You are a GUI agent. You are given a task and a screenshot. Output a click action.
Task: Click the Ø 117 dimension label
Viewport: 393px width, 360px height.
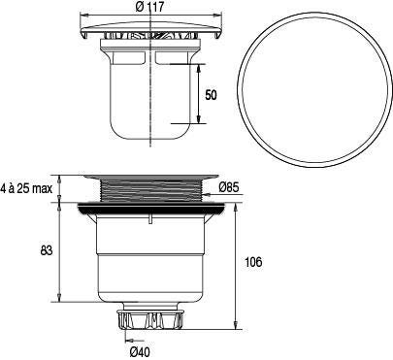(149, 7)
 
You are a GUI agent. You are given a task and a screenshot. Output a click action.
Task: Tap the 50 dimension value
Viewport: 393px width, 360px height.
(212, 95)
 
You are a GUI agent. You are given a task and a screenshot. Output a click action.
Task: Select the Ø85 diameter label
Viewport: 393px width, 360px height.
(228, 187)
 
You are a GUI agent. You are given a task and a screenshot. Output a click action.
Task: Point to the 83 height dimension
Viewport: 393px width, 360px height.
(47, 250)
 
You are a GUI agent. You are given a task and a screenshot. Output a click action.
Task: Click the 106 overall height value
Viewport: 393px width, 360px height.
(253, 262)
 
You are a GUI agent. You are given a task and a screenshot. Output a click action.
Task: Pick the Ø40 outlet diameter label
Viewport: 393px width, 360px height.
(140, 351)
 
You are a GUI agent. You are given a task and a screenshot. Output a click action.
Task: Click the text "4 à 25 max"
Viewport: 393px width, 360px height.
(26, 188)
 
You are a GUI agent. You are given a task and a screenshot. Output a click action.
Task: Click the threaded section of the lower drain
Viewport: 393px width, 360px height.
(151, 191)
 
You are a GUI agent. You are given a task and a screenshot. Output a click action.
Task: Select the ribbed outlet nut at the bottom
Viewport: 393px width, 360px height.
(151, 319)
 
